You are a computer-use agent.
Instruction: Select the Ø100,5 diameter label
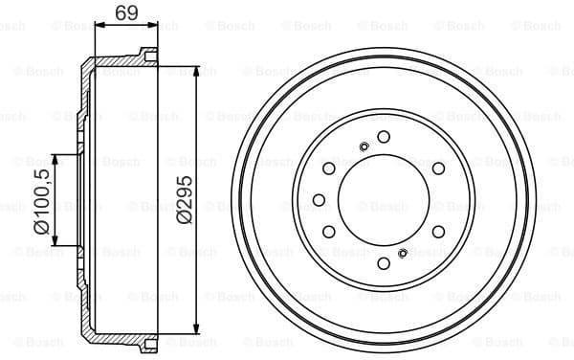click(41, 199)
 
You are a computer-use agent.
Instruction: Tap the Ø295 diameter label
click(185, 199)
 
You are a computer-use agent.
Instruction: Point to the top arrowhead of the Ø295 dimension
click(197, 70)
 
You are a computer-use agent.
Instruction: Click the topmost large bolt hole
click(383, 137)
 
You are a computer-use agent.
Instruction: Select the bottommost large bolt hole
click(383, 263)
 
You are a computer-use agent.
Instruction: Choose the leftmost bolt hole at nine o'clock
click(320, 200)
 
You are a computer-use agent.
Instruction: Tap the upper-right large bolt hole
click(438, 169)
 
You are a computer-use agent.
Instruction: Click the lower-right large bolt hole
click(438, 232)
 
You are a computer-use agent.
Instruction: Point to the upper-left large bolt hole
click(328, 169)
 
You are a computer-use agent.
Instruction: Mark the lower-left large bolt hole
click(328, 232)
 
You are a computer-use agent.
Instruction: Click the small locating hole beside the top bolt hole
click(364, 146)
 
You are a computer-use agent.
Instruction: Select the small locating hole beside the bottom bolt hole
click(403, 254)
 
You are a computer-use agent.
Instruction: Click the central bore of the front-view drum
click(383, 200)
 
